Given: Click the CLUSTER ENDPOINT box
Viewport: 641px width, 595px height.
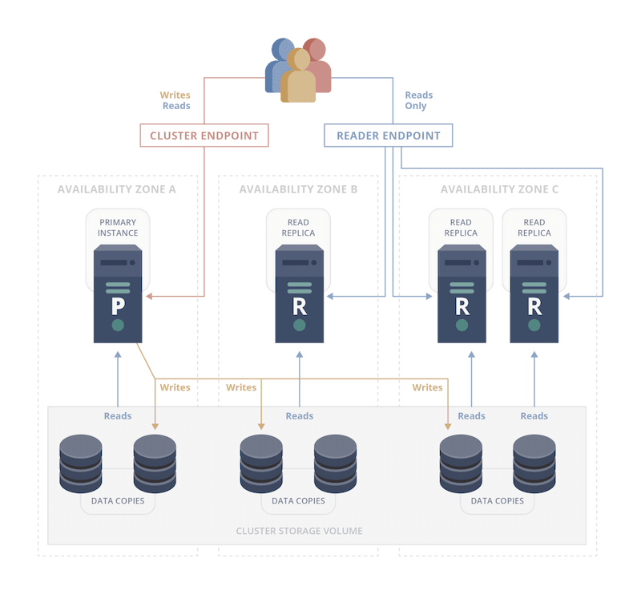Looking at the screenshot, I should pos(204,136).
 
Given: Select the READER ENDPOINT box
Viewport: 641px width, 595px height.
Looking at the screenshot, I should pos(388,136).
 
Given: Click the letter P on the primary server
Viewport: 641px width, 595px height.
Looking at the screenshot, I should pos(118,306).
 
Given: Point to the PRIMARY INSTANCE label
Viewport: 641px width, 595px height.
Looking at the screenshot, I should pos(118,228).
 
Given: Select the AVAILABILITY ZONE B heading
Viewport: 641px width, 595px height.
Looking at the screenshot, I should pos(297,189).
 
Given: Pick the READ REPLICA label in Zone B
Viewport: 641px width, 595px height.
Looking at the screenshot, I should pos(299,228).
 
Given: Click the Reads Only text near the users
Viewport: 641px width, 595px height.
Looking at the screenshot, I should pos(419,100).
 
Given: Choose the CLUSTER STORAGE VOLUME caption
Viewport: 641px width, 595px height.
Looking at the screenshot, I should pos(299,531).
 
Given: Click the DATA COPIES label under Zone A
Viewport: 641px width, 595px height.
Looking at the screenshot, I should pos(117,500).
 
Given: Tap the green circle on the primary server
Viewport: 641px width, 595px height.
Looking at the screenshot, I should pos(118,325).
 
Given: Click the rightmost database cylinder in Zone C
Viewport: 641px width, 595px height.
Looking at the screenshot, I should pos(534,463).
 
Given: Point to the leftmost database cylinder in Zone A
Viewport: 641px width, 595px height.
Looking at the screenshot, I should pos(81,463).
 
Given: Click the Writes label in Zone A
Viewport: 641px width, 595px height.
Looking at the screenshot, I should pos(175,387).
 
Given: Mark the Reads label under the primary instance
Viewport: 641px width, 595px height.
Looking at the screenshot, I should pos(118,416).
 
